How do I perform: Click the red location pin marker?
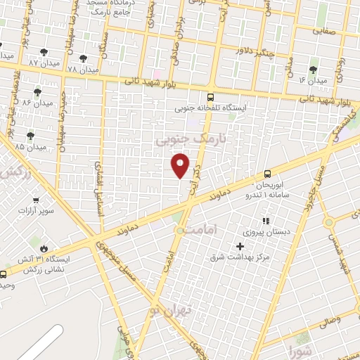point(181,164)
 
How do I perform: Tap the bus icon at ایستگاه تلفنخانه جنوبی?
point(210,98)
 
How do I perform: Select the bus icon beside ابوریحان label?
point(267,174)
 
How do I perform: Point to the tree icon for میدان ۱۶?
point(312,69)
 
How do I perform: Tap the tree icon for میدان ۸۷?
point(44,51)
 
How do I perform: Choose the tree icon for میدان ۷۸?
point(84,58)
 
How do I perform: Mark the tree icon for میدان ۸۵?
point(30,135)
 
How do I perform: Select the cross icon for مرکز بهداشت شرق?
point(240,246)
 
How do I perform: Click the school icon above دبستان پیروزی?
point(266,221)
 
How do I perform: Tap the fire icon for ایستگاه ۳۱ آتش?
point(44,248)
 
